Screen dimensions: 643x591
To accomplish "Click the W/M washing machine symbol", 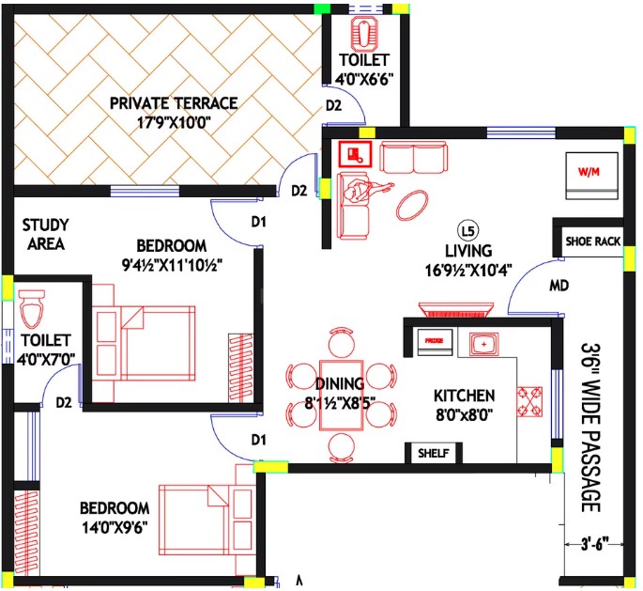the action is click(591, 176).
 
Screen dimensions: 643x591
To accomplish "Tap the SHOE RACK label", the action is click(593, 241).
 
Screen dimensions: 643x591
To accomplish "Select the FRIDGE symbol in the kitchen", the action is click(435, 341).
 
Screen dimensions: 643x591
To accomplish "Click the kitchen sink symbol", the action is click(483, 344).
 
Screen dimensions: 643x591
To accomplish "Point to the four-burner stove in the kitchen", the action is click(529, 402).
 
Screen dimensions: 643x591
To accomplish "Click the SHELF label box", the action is click(434, 453).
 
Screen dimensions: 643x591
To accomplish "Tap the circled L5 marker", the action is click(467, 231).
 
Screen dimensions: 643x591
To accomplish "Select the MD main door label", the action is click(559, 286).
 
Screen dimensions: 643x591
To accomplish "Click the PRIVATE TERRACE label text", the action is click(174, 103).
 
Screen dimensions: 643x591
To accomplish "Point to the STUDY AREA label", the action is click(45, 234).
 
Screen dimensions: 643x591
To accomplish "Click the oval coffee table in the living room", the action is click(412, 205).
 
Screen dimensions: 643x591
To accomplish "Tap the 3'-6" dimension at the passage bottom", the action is click(594, 545).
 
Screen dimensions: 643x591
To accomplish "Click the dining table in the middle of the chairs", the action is click(341, 396).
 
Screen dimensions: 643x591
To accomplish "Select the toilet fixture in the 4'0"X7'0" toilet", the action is click(32, 309).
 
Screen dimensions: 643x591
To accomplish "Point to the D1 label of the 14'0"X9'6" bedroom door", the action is click(258, 440).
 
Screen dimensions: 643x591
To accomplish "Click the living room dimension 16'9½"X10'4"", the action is click(468, 271).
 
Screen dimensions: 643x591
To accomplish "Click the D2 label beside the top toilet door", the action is click(333, 105).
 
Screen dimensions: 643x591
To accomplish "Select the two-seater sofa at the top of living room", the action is click(413, 157).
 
